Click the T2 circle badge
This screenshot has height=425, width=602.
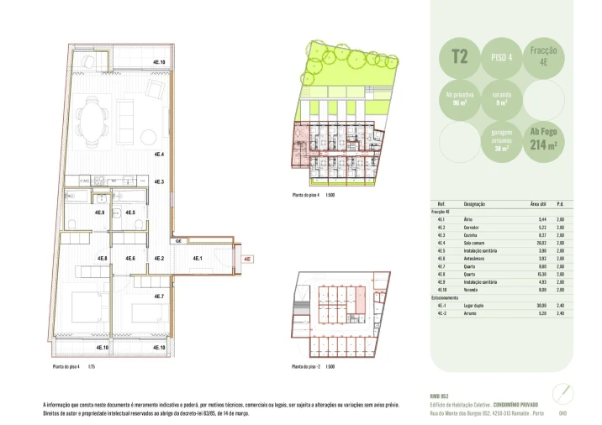pos(460,58)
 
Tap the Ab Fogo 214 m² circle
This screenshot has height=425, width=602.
pos(543,139)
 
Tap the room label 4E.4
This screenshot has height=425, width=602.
pos(158,155)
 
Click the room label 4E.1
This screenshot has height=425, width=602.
pos(197,258)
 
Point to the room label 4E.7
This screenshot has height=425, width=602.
pos(158,296)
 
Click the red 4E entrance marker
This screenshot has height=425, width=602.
pos(246,259)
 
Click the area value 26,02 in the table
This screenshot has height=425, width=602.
pos(541,242)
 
